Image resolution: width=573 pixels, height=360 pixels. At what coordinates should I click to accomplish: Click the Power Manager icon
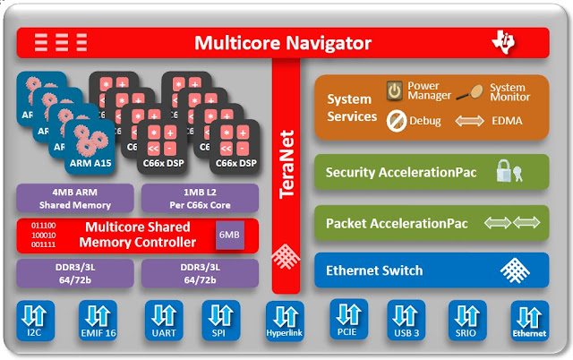click(x=394, y=90)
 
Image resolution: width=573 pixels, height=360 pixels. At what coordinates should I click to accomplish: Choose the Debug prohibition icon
click(x=395, y=118)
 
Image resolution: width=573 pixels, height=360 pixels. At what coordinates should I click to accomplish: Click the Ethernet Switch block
click(x=431, y=270)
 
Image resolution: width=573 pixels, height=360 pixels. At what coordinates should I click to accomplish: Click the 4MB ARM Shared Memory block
click(x=74, y=197)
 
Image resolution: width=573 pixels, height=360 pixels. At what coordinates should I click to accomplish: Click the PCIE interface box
click(x=348, y=320)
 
